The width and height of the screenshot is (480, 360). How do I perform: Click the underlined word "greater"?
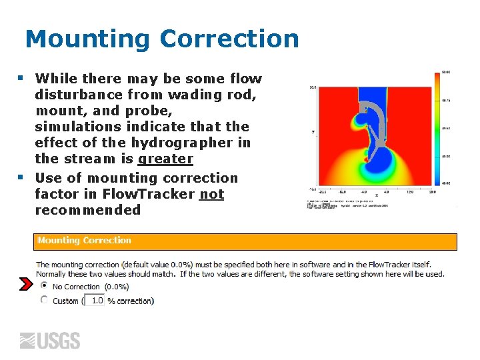tap(165, 159)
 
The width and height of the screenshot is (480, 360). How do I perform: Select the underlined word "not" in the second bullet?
tap(211, 194)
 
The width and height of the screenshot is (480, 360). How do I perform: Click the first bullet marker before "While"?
tap(21, 78)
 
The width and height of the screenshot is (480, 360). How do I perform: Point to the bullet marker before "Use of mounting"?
tap(21, 178)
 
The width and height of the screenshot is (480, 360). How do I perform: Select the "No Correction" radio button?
tap(44, 285)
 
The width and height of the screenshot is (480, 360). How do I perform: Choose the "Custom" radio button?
tap(44, 300)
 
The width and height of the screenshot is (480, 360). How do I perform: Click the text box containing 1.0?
tap(95, 301)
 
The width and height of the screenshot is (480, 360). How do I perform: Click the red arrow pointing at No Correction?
tap(25, 285)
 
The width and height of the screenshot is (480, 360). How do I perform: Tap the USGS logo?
tap(49, 341)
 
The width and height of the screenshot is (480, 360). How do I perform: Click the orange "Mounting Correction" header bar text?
tap(84, 241)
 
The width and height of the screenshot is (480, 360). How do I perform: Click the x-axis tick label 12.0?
tap(409, 191)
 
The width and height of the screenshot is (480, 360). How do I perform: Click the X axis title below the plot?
tap(376, 195)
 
